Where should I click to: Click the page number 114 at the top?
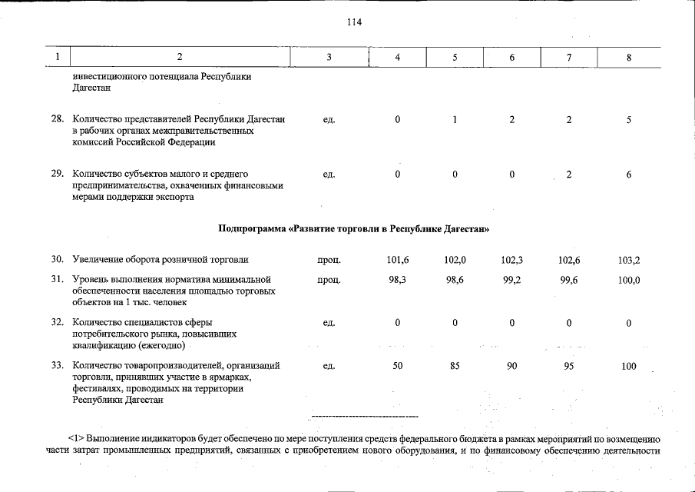click(x=354, y=22)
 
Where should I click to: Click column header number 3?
click(x=329, y=58)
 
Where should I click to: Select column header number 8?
click(x=628, y=58)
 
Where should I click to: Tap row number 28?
click(x=57, y=120)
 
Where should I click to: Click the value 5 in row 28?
click(x=628, y=120)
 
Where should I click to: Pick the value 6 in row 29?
click(x=628, y=175)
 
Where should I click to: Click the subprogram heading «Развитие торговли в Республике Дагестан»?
click(x=353, y=229)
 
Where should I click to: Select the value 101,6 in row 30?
click(x=398, y=261)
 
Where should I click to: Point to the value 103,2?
click(x=628, y=261)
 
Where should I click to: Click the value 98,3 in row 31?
click(x=398, y=281)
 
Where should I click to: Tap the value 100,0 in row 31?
click(x=628, y=281)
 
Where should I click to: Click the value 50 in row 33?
click(x=398, y=367)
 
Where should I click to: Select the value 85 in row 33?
click(x=455, y=367)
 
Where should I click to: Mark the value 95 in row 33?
click(x=569, y=367)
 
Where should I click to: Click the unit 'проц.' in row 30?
click(x=329, y=261)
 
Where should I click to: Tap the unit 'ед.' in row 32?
click(x=329, y=324)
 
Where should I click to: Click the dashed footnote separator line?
click(x=365, y=416)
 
